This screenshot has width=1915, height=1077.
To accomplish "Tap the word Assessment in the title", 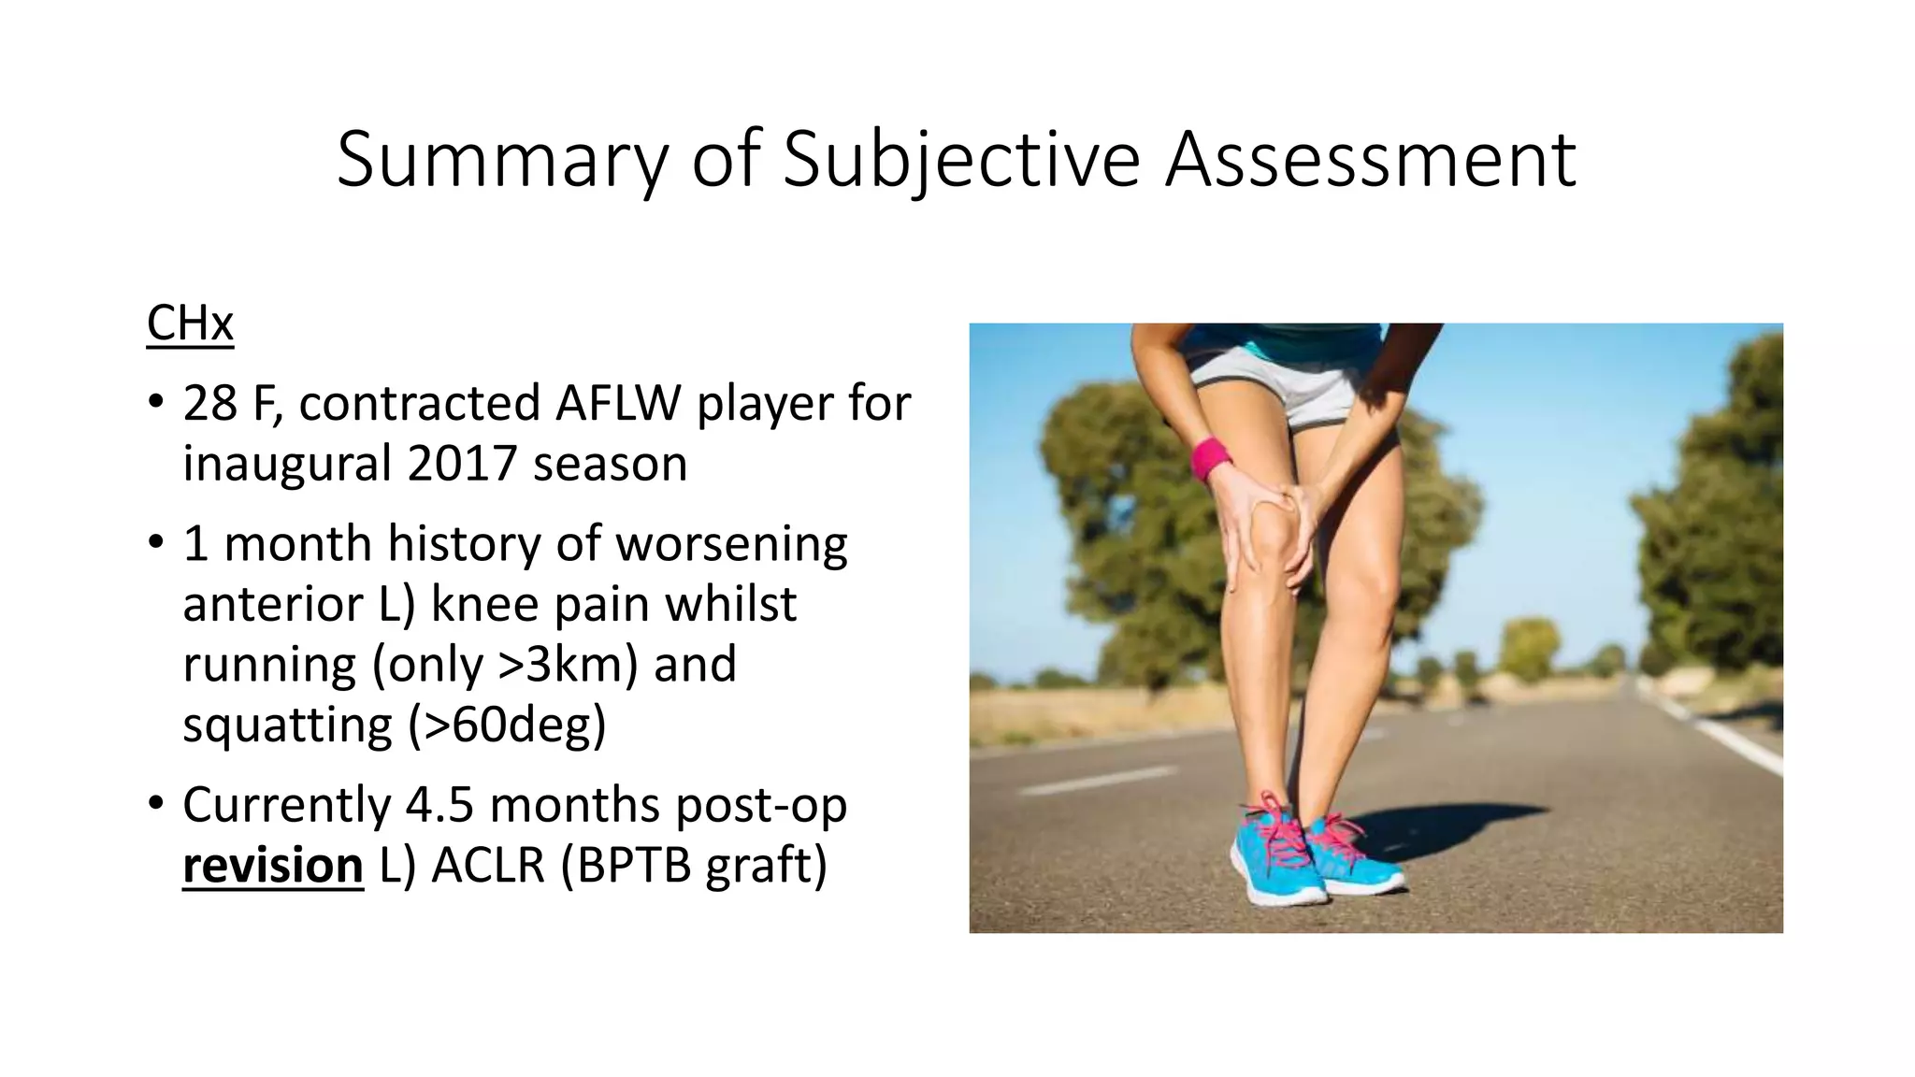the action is (x=1371, y=159).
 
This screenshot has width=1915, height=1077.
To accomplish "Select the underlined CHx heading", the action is (x=190, y=323).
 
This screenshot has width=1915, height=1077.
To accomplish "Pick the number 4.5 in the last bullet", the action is (x=439, y=805).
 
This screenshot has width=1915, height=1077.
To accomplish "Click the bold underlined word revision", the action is (x=272, y=866).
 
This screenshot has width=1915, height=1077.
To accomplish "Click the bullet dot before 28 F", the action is (x=155, y=404).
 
